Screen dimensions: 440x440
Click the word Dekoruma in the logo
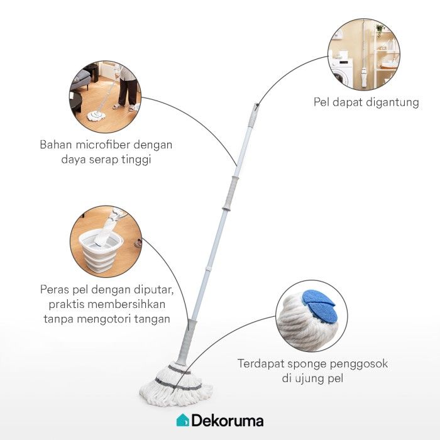(x=228, y=421)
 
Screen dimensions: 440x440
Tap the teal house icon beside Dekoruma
(x=182, y=420)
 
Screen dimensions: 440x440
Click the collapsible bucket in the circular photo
(x=101, y=248)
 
